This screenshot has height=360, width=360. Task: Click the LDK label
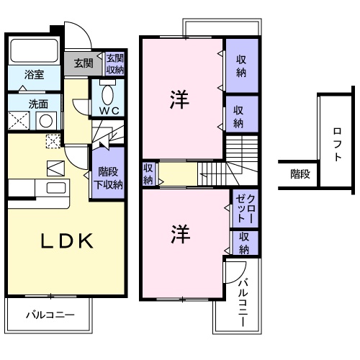[67, 240]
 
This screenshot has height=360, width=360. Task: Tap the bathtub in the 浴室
[35, 50]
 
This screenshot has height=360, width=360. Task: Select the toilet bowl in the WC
[107, 94]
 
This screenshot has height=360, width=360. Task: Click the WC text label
[109, 111]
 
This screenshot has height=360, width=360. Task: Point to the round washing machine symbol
[46, 121]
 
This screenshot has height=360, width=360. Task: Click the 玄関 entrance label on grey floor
[84, 63]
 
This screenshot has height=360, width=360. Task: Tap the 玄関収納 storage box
[115, 64]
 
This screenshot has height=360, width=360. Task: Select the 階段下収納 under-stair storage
[108, 173]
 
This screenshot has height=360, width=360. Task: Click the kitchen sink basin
[56, 188]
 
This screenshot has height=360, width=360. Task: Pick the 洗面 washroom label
[38, 104]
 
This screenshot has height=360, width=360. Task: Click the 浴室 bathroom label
[34, 74]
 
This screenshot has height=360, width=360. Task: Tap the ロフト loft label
[337, 144]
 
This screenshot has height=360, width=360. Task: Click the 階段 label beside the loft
[300, 174]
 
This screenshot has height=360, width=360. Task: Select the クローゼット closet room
[245, 209]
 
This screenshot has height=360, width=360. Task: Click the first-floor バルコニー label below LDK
[50, 315]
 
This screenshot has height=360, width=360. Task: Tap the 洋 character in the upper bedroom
[179, 99]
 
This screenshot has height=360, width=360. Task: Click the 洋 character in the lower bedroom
[181, 234]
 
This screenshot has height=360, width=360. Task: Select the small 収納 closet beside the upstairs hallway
[149, 174]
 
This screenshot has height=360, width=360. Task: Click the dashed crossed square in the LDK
[53, 141]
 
